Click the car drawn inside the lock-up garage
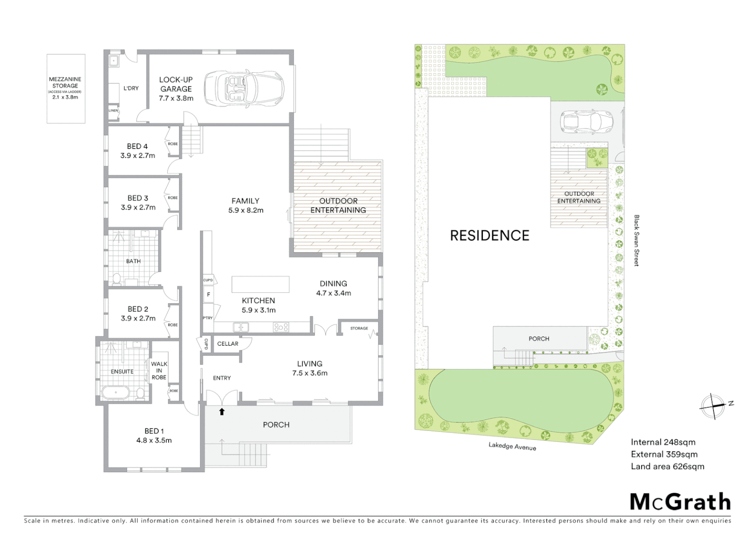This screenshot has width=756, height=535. pos(243,88)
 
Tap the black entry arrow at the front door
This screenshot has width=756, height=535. pos(222,411)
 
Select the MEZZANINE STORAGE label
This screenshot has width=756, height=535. pos(65,82)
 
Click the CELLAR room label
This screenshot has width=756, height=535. pos(228,344)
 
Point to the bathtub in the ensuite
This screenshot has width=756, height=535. pos(115,393)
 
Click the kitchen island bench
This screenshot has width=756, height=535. pos(261,285)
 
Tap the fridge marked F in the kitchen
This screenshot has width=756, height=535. pos(208,295)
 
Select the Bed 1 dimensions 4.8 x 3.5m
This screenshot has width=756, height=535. pos(154,440)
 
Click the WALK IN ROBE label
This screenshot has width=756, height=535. pos(159,371)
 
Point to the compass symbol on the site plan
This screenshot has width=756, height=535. pos(713,406)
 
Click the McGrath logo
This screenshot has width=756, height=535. pos(680,502)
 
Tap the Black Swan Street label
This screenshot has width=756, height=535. pos(637,240)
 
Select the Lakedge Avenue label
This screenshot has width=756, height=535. pos(512,446)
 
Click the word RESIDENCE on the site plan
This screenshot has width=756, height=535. pos(489,236)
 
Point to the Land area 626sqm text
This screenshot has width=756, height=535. pos(667,467)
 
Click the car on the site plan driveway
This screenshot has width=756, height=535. pos(586,122)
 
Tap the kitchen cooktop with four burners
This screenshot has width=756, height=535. pos(281,327)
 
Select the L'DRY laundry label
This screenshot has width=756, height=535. pos(131,88)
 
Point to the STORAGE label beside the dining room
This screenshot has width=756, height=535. pos(359,328)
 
